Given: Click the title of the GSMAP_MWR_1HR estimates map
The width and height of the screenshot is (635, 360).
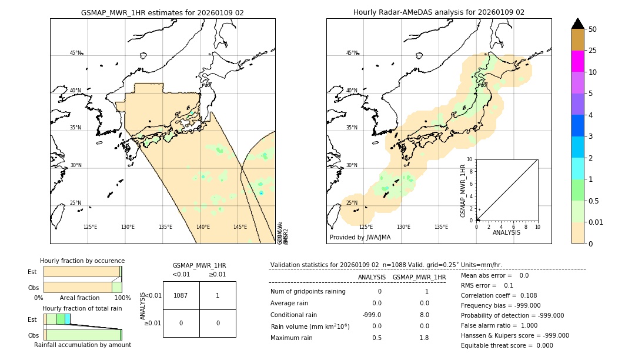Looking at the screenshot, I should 162,12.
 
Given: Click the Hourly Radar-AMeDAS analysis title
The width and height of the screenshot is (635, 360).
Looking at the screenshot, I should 439,12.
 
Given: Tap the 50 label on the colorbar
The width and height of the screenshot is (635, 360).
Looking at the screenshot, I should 593,29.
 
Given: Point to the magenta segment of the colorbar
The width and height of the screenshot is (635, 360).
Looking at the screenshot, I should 577,61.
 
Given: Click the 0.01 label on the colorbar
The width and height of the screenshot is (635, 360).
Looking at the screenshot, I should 596,222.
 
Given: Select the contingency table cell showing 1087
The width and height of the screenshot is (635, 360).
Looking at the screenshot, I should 181,295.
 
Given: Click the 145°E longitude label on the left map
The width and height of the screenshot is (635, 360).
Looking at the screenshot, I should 240,227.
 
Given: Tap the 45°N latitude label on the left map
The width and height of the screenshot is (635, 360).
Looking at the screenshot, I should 75,53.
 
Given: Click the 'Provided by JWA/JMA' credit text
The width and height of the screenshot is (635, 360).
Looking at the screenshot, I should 360,237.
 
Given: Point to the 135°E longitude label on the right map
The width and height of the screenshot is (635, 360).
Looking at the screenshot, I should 441,227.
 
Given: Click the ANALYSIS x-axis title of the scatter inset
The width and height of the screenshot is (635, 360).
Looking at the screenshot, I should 507,232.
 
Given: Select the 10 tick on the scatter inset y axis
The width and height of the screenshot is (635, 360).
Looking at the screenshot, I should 469,159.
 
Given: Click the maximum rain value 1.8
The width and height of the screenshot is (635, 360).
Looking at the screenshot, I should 423,338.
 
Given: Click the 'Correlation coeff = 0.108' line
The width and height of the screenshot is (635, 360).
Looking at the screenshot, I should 499,295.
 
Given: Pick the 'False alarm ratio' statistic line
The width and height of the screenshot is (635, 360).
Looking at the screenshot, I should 499,325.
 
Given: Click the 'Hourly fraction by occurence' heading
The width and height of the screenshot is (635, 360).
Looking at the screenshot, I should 82,261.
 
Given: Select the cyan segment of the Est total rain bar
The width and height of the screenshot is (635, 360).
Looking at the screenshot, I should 68,319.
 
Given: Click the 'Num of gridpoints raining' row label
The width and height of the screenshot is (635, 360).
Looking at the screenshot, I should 308,291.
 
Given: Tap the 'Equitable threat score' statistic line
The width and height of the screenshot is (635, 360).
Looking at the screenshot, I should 507,345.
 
